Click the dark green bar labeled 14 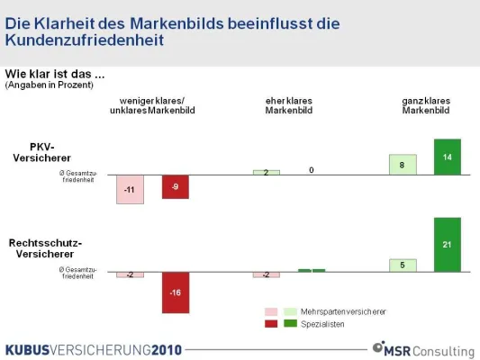[x=447, y=157]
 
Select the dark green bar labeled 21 [x=447, y=244]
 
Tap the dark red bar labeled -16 [x=176, y=292]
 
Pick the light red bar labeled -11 [x=130, y=189]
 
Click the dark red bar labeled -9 [x=176, y=186]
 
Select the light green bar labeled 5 [x=403, y=265]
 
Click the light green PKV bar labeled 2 [x=267, y=172]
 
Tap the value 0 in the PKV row [x=311, y=169]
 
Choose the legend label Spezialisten [x=325, y=323]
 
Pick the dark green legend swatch [x=290, y=323]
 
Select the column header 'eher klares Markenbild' [x=288, y=105]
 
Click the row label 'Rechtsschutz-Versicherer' [x=45, y=248]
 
